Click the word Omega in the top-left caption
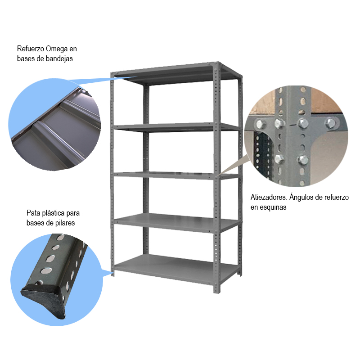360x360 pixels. click(57, 49)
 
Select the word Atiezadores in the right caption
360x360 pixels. click(269, 197)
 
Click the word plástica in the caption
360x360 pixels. click(53, 213)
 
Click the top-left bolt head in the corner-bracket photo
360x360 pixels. click(261, 125)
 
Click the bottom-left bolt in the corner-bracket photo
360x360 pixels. click(279, 158)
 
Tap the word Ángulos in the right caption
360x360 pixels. click(303, 197)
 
